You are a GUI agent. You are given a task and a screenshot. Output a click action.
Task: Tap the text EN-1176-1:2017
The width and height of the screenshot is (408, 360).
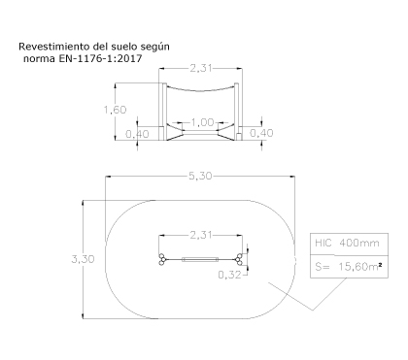pos(100,58)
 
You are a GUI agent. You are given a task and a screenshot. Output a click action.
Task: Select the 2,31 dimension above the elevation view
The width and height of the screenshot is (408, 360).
pos(201,68)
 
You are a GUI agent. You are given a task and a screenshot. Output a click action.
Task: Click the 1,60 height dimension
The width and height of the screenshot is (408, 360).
pos(115,110)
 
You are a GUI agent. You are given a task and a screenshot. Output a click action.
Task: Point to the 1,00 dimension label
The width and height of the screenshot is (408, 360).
pos(202,122)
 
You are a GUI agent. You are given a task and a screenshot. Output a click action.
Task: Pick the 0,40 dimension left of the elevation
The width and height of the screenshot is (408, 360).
pos(137,134)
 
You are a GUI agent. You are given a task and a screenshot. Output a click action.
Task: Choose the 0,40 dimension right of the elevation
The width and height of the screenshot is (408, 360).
pos(261,133)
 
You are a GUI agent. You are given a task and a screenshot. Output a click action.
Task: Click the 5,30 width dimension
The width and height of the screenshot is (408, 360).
pos(200,176)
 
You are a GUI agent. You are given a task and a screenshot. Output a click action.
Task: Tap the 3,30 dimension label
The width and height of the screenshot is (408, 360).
pos(83,259)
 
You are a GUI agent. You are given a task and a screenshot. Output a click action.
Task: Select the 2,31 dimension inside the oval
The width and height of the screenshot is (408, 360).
pos(201,235)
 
